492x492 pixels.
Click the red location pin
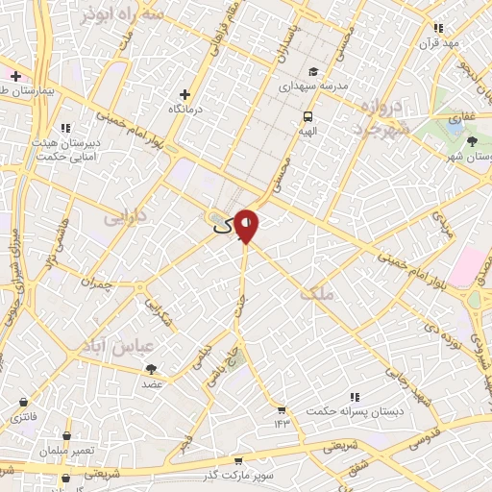(247, 225)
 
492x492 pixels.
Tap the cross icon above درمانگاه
(185, 94)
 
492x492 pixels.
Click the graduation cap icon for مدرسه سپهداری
(313, 71)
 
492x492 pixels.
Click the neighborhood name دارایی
(124, 218)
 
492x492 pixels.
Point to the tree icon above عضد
(153, 368)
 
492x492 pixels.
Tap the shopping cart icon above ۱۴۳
(282, 408)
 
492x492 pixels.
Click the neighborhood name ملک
(316, 294)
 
